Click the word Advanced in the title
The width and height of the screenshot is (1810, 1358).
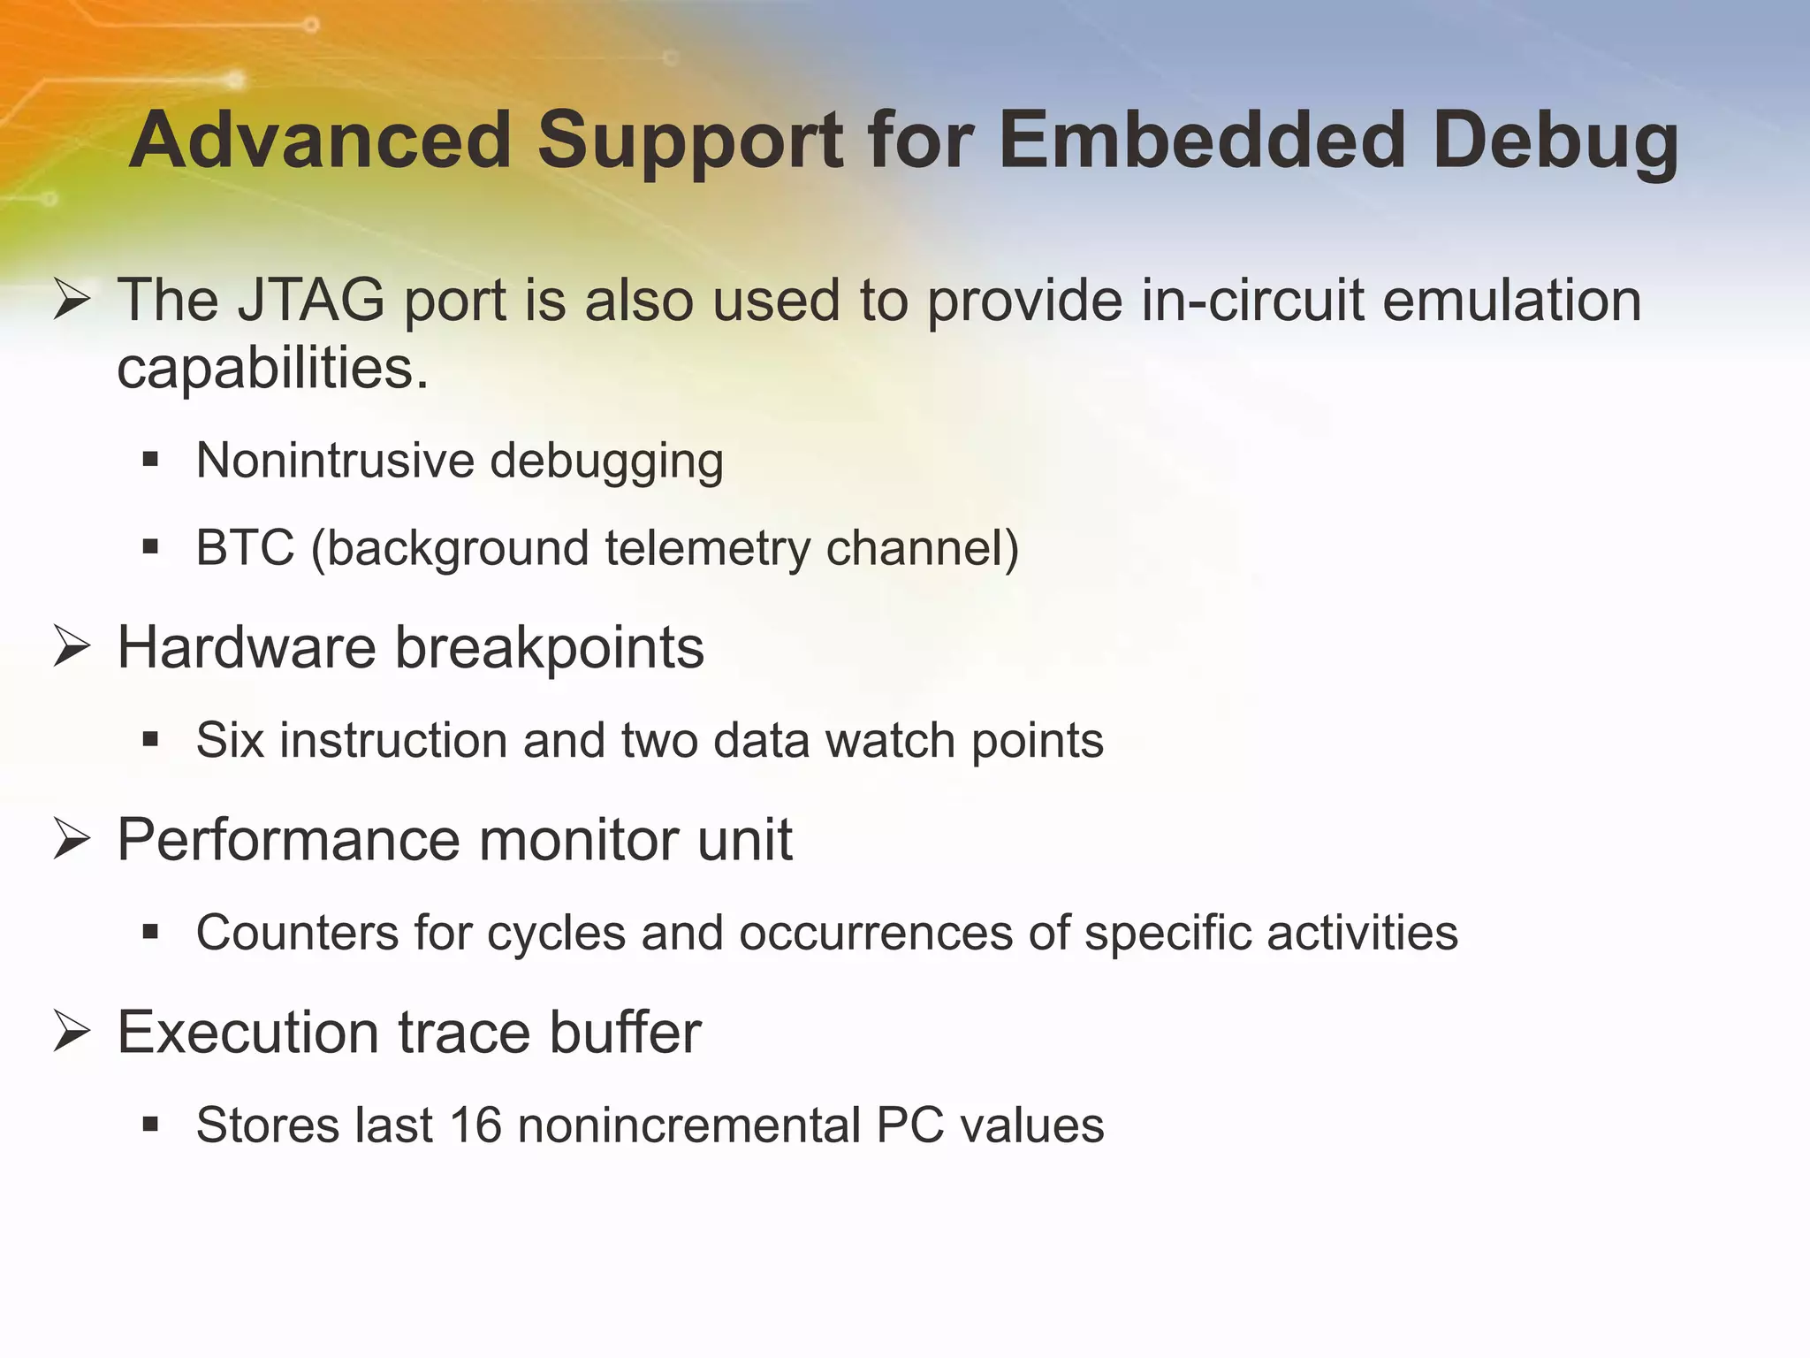pos(320,141)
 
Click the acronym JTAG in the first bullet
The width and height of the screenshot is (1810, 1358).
pos(311,301)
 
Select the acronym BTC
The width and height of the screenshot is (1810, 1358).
pos(245,547)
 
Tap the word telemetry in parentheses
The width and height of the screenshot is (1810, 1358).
pos(707,548)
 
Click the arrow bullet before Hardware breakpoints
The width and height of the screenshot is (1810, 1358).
pos(72,646)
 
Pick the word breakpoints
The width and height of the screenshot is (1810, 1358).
pos(549,648)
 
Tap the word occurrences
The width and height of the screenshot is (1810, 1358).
pos(876,934)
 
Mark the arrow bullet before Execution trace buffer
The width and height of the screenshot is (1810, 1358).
pos(72,1031)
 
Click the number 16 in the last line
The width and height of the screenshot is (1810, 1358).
pos(475,1125)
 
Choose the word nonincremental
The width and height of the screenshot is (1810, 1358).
pos(688,1125)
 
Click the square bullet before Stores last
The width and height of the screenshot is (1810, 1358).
pos(150,1125)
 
